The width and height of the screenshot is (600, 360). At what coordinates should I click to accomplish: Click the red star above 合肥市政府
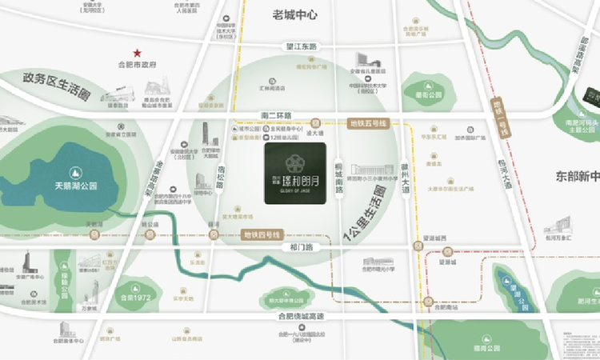pos(137,51)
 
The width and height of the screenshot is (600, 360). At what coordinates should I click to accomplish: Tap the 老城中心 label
pos(294,15)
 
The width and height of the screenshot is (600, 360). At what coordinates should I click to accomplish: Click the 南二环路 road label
pos(276,115)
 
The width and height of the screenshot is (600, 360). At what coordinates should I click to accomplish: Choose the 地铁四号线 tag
pos(261,235)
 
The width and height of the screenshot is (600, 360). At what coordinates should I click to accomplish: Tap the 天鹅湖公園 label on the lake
pos(75,185)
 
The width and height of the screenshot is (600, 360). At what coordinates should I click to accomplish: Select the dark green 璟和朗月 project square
pos(294,174)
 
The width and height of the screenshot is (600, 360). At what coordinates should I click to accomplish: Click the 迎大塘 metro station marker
pos(317,123)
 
